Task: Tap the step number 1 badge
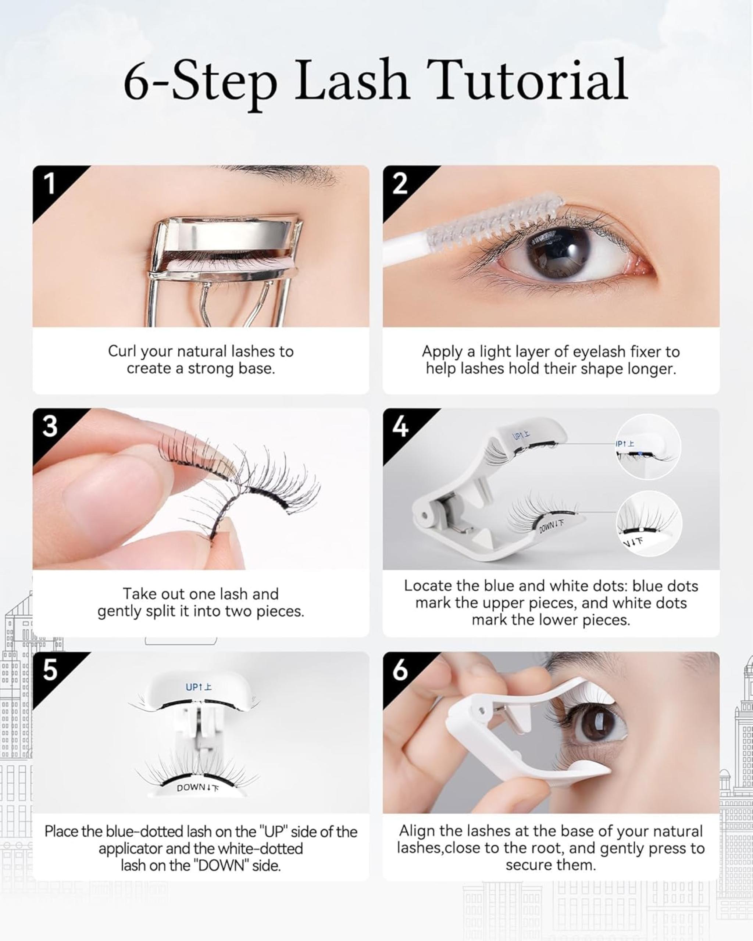(50, 183)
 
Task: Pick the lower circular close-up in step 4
(649, 523)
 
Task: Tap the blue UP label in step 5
(199, 687)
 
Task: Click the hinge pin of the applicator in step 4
(424, 516)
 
